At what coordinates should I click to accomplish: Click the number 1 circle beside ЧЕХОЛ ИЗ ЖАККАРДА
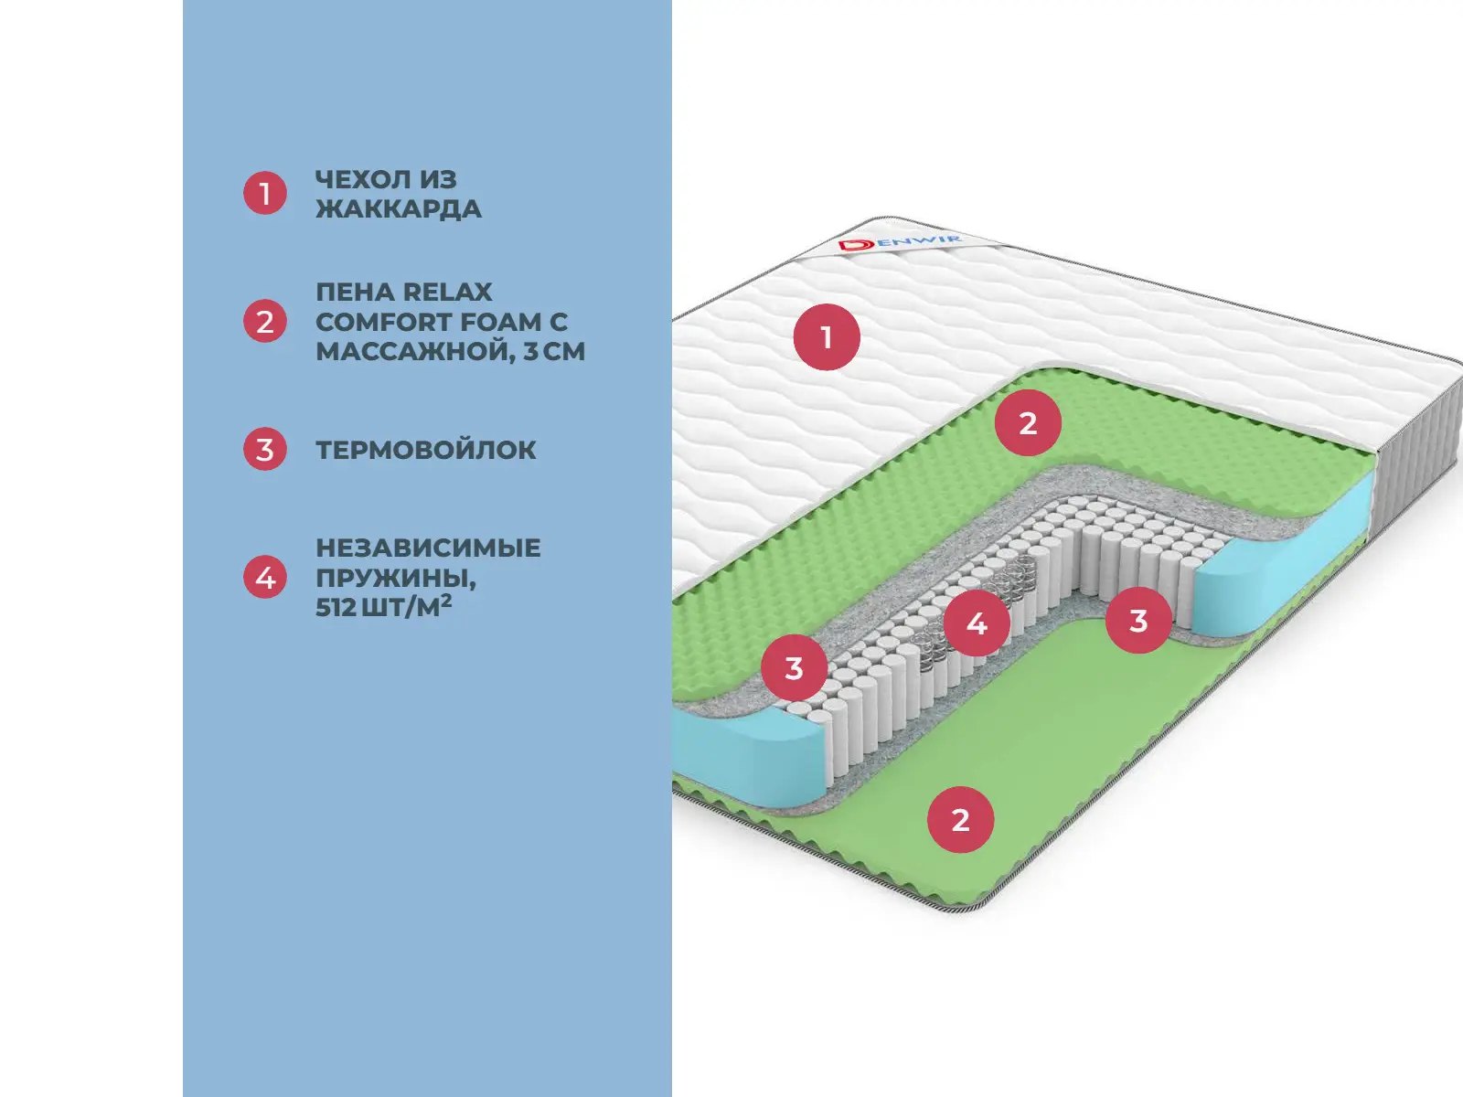[x=265, y=194]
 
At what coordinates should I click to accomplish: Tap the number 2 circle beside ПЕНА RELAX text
[x=265, y=322]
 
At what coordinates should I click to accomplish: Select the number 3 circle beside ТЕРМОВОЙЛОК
[x=265, y=450]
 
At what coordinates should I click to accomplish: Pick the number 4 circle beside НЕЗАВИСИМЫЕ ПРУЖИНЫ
[x=265, y=578]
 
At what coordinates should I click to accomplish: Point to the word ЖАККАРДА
[x=399, y=208]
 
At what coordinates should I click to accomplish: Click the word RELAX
[x=447, y=293]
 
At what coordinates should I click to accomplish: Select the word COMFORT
[x=383, y=322]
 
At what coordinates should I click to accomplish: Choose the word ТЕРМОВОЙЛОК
[x=426, y=450]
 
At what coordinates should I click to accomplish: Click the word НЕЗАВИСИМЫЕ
[x=428, y=548]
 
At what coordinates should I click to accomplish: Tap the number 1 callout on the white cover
[x=827, y=337]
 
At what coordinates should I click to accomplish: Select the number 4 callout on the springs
[x=977, y=623]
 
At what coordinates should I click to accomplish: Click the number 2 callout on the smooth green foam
[x=960, y=820]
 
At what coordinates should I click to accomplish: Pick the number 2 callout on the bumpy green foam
[x=1028, y=423]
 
